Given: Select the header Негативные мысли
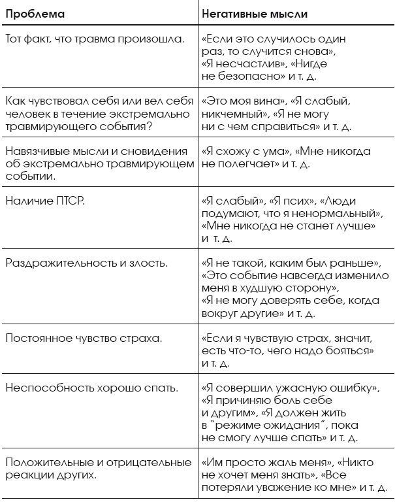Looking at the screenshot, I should (255, 13).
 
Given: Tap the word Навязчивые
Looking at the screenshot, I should (35, 152).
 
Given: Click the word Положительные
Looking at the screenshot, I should (44, 463).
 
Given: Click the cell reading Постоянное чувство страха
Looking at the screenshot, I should (84, 339).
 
